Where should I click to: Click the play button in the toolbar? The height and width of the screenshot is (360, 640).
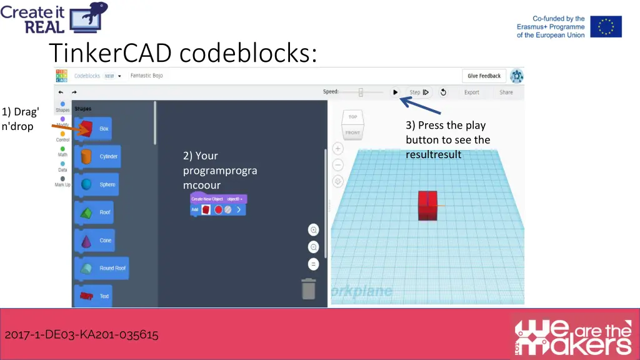(395, 92)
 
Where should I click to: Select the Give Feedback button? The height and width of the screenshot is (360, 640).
(484, 76)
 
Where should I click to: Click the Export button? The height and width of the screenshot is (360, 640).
(471, 92)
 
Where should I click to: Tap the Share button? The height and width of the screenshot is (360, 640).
(506, 92)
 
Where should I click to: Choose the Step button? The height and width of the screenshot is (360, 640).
(419, 92)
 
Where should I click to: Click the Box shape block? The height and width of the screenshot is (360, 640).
(93, 129)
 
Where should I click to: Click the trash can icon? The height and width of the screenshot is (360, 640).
(309, 289)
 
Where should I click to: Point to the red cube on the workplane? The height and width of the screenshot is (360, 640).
(427, 206)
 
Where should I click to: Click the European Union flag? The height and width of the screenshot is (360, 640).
(606, 27)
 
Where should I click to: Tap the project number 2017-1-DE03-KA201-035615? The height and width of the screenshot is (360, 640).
(81, 335)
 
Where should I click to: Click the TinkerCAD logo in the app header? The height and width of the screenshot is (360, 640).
(61, 76)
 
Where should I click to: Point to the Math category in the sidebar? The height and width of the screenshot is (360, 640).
(62, 151)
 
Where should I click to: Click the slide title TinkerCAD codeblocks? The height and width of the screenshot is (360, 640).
(182, 53)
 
